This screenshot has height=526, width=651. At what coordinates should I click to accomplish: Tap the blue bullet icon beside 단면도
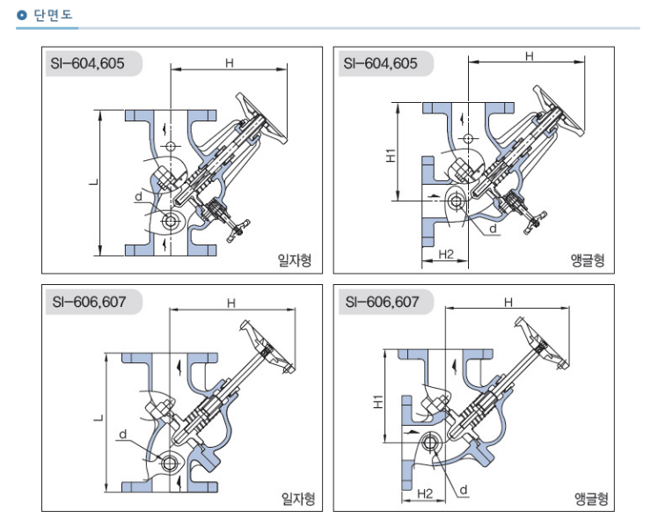point(23,15)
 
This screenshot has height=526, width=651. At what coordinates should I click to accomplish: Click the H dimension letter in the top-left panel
point(229,62)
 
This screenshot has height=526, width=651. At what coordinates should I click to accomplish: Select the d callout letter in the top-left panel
point(138,197)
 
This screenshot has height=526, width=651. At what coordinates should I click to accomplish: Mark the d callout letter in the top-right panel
point(493,228)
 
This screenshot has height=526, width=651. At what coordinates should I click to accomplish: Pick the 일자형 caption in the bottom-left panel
point(296,499)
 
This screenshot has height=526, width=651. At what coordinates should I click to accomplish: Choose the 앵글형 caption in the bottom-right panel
point(591,499)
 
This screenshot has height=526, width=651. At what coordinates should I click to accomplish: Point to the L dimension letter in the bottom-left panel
point(98,421)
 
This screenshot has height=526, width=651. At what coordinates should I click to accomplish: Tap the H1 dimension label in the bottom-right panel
point(377,402)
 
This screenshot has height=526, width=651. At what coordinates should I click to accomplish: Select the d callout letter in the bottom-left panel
point(123,433)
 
